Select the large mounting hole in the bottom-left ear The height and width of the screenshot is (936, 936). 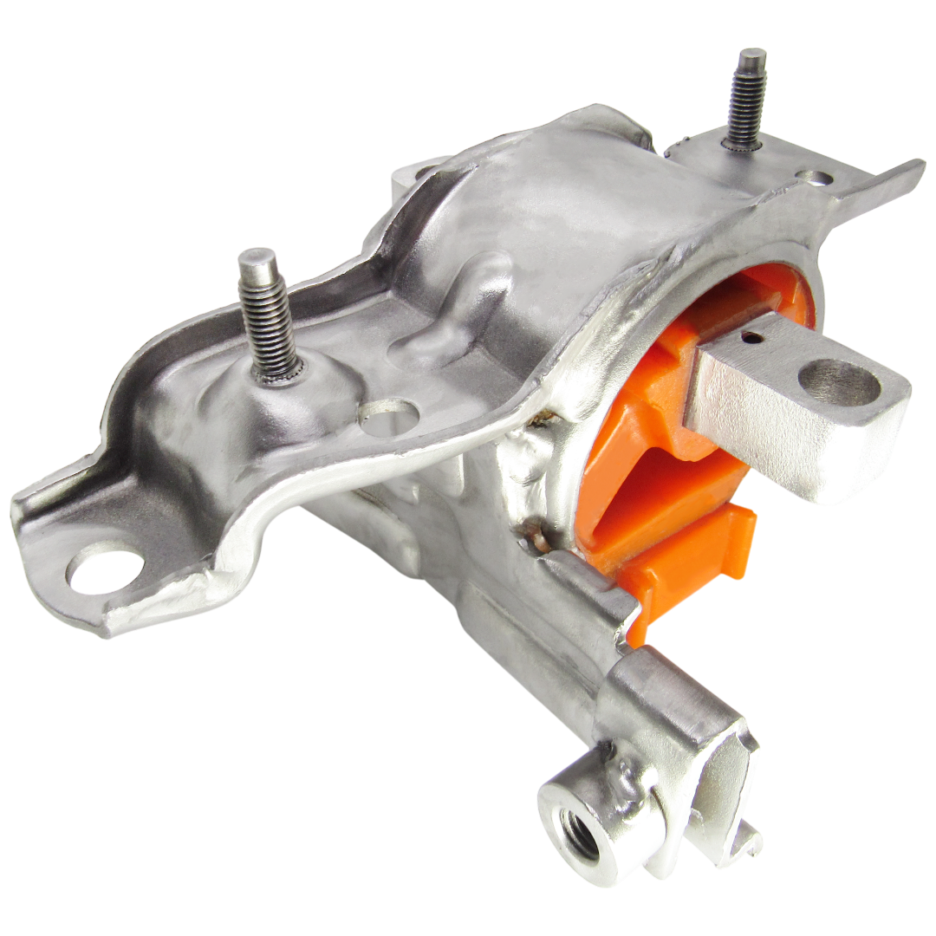(x=105, y=572)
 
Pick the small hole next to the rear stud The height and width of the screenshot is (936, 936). (x=815, y=178)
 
